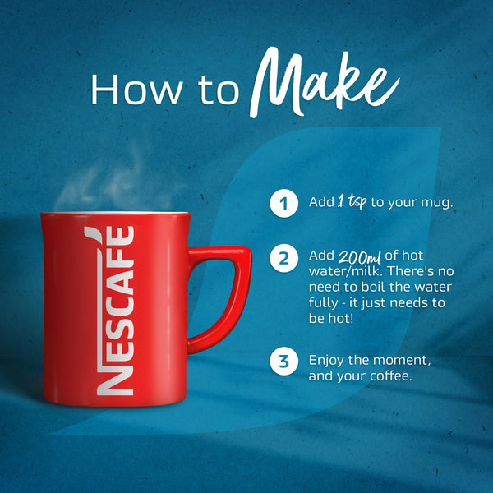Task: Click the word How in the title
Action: [136, 90]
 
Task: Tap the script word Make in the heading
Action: [324, 82]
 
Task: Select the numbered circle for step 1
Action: [284, 203]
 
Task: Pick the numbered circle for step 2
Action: [284, 258]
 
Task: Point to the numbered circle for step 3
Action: [284, 361]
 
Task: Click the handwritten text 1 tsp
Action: [352, 201]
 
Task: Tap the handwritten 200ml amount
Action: [360, 257]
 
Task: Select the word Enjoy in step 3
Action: [326, 361]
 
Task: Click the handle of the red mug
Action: [233, 296]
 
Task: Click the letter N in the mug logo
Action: [115, 380]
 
